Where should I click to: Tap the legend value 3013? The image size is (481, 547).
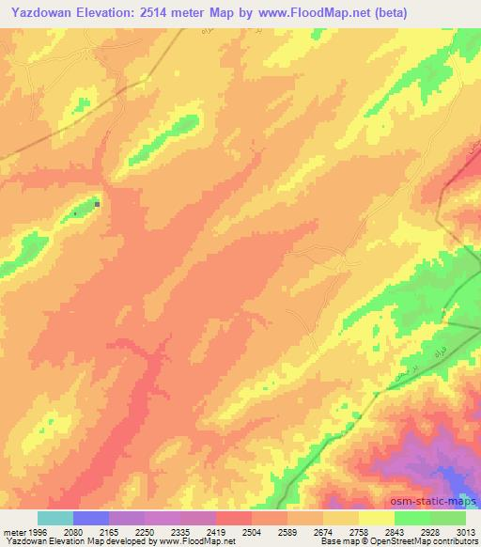point(466,532)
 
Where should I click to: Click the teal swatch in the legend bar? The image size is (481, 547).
point(55,518)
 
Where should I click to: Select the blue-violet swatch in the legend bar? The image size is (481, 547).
point(91,518)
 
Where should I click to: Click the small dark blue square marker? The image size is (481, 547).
point(97,202)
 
